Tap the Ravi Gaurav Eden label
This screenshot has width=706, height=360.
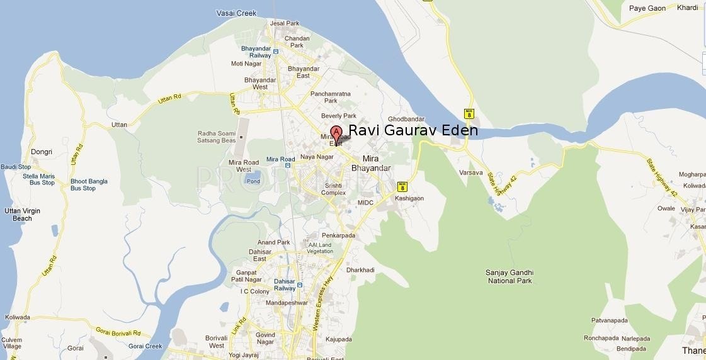413,130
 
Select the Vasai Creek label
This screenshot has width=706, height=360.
236,13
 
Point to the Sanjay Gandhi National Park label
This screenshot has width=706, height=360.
510,276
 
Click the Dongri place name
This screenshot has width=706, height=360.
42,152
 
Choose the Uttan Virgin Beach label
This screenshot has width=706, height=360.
22,215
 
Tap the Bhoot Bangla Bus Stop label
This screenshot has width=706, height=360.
89,184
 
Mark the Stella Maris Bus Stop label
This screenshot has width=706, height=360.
39,179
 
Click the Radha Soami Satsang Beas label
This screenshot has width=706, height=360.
217,137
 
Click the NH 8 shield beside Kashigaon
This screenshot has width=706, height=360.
402,186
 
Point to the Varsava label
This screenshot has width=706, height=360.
471,172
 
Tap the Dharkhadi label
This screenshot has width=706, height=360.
360,270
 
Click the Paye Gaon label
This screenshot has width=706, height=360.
647,8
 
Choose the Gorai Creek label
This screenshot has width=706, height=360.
145,346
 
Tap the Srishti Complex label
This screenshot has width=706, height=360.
334,189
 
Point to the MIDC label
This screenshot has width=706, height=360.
365,203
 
